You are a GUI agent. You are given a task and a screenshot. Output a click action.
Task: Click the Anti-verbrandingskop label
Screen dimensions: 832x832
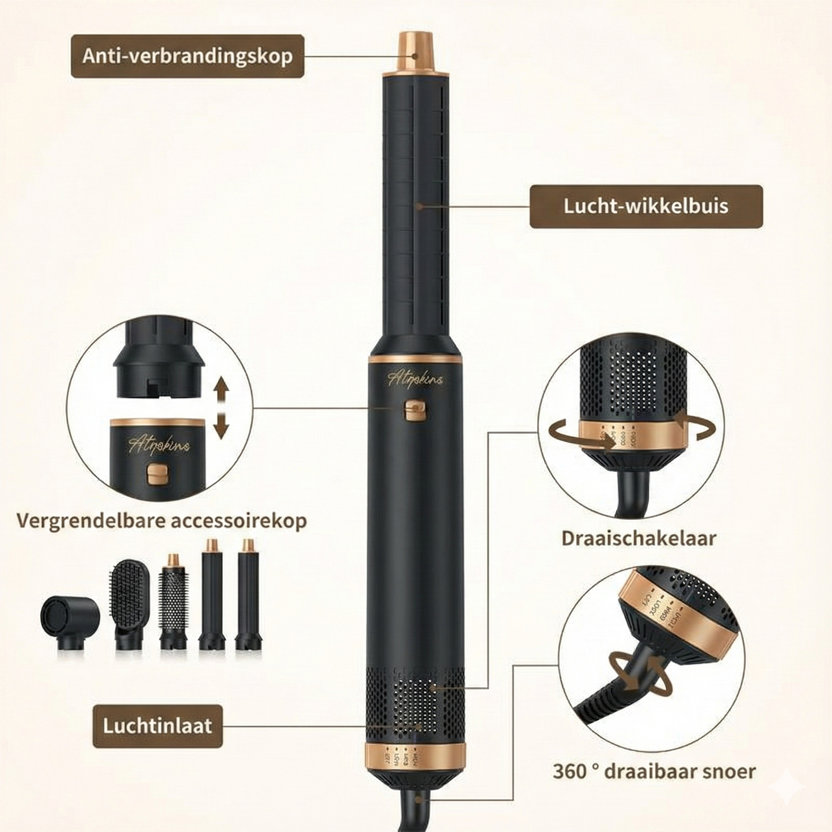click(187, 56)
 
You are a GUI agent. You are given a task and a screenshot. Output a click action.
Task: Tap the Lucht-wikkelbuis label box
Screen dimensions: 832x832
click(645, 206)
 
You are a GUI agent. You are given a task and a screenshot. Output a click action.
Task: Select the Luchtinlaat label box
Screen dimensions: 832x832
click(157, 726)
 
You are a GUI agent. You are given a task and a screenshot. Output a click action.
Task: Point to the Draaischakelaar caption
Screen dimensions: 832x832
click(639, 538)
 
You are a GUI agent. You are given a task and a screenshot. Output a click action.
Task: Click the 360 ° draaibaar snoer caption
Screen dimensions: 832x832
click(654, 770)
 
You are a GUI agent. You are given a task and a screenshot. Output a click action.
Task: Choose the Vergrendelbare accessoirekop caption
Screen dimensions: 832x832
click(161, 521)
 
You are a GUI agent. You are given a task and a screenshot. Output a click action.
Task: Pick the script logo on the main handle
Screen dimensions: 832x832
click(415, 381)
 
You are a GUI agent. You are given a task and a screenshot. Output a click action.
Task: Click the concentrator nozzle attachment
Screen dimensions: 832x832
click(69, 624)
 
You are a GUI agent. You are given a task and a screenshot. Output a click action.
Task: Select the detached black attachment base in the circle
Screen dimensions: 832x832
click(155, 360)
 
